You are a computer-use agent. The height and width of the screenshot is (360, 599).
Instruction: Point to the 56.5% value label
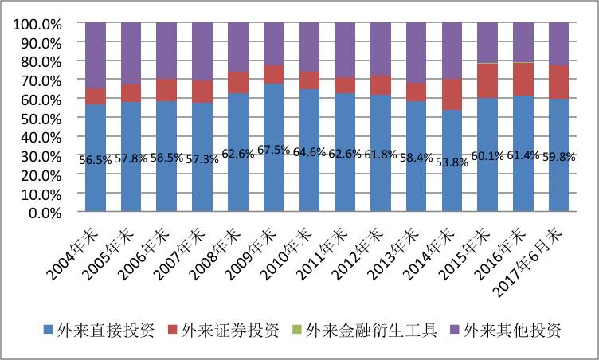click(x=96, y=159)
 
